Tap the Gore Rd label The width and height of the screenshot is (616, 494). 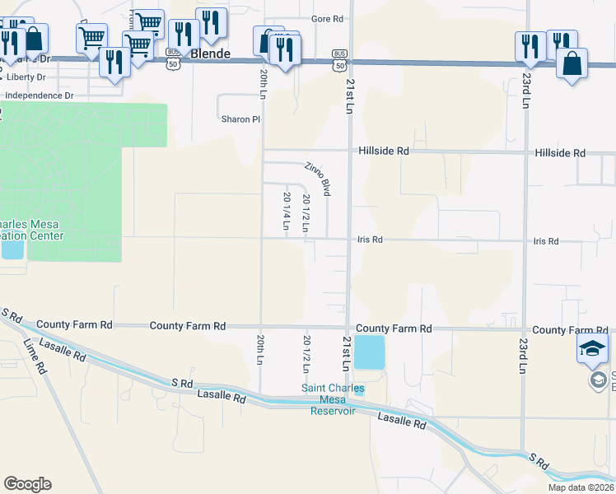326,18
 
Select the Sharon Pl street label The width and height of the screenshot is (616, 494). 240,119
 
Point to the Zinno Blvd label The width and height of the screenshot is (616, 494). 317,178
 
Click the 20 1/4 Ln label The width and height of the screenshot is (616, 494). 287,216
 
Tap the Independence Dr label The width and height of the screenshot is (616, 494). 39,96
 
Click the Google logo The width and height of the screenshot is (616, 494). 27,484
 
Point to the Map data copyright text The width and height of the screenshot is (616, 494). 581,487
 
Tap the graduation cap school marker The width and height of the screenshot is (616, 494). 592,348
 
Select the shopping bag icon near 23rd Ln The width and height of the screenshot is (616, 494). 572,63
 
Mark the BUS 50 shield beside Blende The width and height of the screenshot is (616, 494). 171,51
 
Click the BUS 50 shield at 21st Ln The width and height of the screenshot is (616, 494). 340,54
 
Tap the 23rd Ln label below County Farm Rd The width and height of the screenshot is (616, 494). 522,354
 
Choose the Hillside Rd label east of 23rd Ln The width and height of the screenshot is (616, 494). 559,154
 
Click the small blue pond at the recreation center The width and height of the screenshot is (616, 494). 12,246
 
